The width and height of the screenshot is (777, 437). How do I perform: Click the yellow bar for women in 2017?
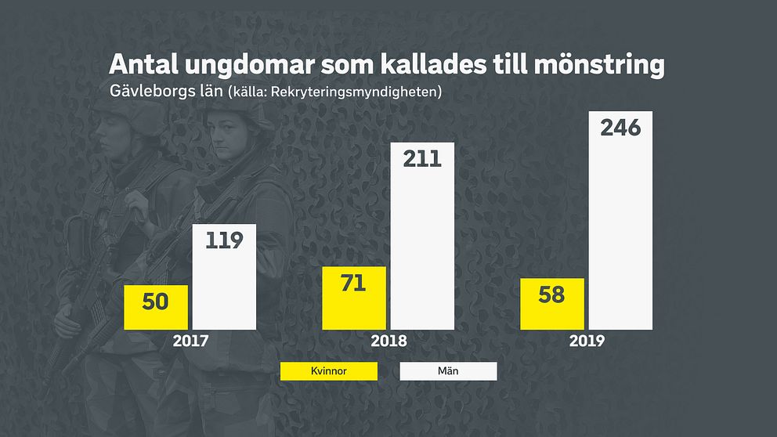click(156, 307)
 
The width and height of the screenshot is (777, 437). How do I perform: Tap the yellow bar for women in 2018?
click(354, 298)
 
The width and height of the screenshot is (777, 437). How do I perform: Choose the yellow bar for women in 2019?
click(552, 303)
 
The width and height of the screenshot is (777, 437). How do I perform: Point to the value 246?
click(620, 128)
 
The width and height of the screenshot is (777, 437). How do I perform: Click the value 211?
click(422, 159)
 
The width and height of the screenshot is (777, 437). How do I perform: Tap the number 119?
click(224, 240)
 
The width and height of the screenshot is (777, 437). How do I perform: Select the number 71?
click(354, 283)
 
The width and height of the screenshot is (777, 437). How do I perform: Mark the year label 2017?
click(190, 341)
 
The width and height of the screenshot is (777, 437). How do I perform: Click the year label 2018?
click(388, 341)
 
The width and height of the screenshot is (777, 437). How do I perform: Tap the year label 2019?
click(587, 341)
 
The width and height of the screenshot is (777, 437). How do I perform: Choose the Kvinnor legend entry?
click(328, 370)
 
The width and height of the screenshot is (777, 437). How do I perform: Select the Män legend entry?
click(449, 370)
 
